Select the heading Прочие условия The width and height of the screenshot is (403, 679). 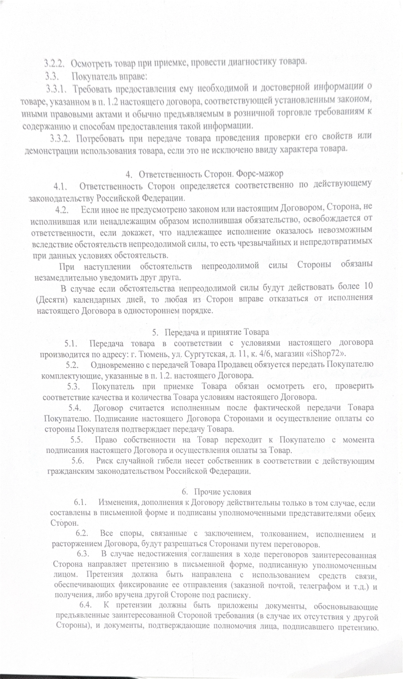[222, 492]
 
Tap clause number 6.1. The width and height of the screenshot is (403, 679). [81, 503]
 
